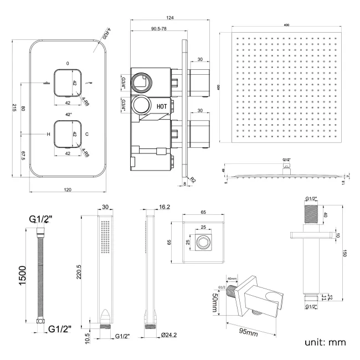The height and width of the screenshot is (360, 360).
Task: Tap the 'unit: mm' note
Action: [x=325, y=342]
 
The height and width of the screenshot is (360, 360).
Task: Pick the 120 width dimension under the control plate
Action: [x=68, y=189]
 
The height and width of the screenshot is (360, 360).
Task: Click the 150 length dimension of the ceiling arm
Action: [x=343, y=253]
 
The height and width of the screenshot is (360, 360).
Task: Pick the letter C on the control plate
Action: [x=87, y=134]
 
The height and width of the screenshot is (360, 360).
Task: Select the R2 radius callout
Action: [x=193, y=179]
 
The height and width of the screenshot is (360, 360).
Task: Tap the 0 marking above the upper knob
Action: [x=68, y=63]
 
